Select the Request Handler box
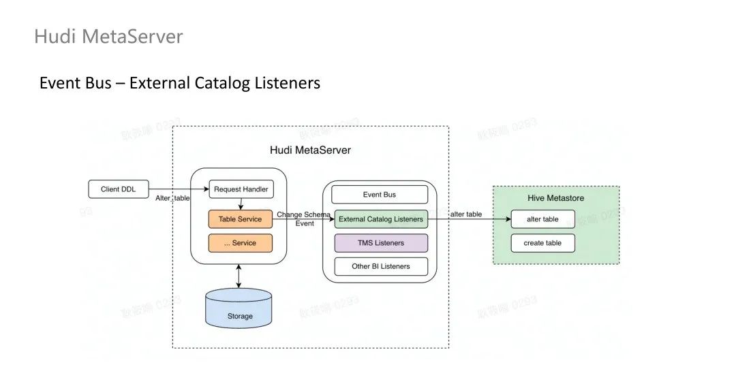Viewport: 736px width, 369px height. (241, 189)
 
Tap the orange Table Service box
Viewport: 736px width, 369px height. (240, 219)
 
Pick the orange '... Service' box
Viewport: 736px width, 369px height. (240, 243)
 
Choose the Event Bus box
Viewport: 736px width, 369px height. (380, 195)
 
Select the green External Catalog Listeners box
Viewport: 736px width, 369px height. (380, 219)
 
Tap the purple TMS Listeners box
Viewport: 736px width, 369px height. (380, 243)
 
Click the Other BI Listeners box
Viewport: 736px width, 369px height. (380, 266)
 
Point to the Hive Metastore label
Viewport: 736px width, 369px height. (555, 198)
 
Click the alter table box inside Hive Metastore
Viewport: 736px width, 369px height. (543, 219)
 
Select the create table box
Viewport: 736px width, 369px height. (543, 243)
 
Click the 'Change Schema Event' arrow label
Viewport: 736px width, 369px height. (304, 219)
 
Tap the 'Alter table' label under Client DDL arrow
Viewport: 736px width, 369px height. (173, 197)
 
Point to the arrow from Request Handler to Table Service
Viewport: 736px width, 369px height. (241, 204)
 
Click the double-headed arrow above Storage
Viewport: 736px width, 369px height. (239, 276)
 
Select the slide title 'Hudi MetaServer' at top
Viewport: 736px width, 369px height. (108, 36)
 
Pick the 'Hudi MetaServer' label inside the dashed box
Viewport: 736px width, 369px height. (310, 150)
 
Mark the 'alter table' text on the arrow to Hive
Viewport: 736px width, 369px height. (466, 214)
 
